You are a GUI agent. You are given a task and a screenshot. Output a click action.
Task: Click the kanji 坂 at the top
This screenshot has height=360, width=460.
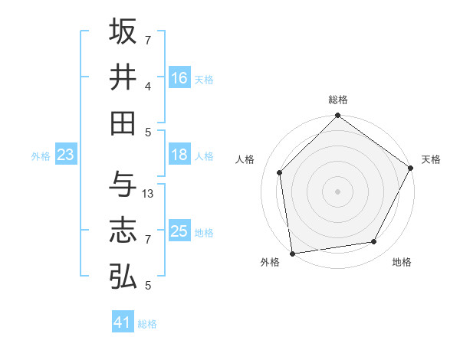point(123,31)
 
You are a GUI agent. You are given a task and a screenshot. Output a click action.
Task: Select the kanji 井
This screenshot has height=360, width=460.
point(123,77)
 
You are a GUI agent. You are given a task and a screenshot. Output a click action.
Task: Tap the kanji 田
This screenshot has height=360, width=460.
point(123,123)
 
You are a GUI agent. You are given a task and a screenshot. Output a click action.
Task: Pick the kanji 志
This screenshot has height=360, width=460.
point(123,231)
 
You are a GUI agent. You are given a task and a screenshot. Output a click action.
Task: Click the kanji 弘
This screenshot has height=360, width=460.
point(123,277)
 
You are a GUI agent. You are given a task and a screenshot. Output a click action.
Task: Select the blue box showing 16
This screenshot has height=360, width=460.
point(179,78)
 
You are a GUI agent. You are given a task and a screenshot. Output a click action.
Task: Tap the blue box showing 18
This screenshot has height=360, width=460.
point(179,155)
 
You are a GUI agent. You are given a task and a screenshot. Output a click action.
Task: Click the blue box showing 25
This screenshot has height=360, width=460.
point(179,231)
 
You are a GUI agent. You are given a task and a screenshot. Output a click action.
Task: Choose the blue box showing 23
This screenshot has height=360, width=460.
point(65,155)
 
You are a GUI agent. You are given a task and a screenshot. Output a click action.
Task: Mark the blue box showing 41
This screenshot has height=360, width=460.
point(123,322)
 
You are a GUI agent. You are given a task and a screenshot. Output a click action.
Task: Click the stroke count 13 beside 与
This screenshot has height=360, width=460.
point(148,194)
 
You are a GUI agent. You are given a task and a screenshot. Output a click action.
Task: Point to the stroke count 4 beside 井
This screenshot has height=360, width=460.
point(148,87)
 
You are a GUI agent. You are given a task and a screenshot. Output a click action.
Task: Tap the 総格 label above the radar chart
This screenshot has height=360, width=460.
point(337,100)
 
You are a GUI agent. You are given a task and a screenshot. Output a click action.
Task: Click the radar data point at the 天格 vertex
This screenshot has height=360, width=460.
point(411,169)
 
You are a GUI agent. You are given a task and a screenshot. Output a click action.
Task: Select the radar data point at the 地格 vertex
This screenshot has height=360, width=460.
point(374,242)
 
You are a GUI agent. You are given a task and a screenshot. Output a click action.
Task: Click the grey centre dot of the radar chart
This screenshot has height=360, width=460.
point(337,191)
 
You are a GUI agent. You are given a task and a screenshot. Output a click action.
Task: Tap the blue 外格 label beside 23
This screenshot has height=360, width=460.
point(41,156)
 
